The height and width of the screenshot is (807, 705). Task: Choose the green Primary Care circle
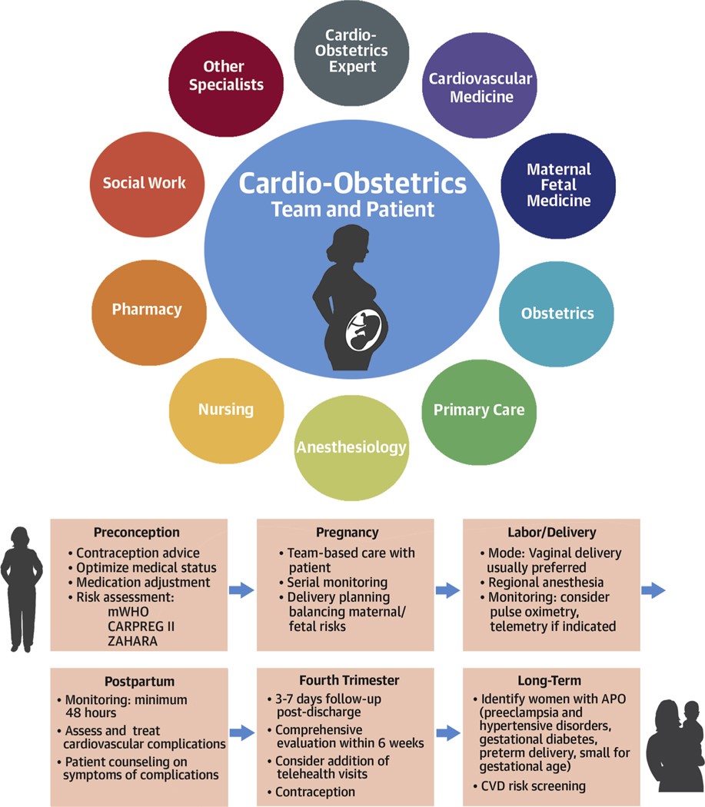pyautogui.click(x=479, y=410)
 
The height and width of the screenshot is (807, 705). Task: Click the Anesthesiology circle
pyautogui.click(x=351, y=447)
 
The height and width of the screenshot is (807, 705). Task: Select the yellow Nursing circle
pyautogui.click(x=226, y=410)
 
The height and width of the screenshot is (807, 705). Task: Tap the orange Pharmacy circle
pyautogui.click(x=147, y=310)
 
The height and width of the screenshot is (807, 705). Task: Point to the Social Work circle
pyautogui.click(x=145, y=183)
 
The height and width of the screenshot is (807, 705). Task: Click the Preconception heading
pyautogui.click(x=137, y=533)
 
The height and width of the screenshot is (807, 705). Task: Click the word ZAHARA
pyautogui.click(x=133, y=642)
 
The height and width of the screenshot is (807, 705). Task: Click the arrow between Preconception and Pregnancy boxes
pyautogui.click(x=241, y=590)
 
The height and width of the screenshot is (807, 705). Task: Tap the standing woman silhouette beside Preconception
pyautogui.click(x=22, y=588)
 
